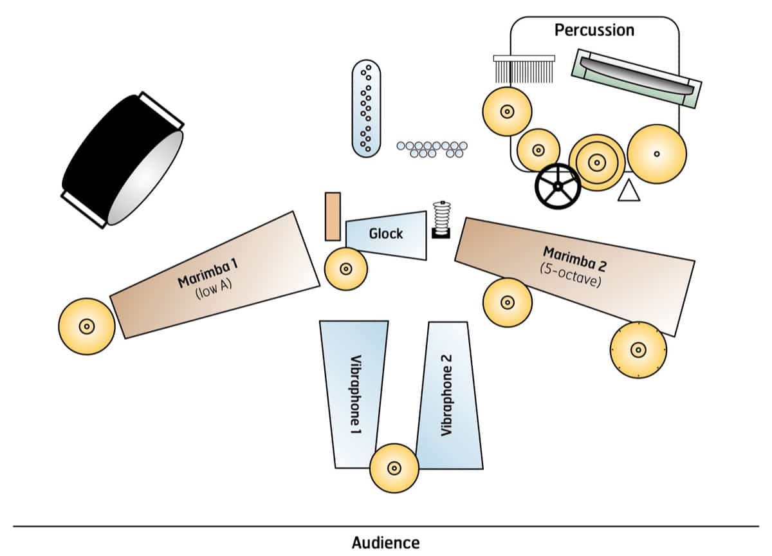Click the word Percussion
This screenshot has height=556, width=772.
pyautogui.click(x=594, y=30)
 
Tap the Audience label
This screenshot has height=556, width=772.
pyautogui.click(x=385, y=542)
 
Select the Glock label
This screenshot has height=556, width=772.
pyautogui.click(x=386, y=233)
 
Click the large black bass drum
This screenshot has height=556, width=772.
pyautogui.click(x=122, y=159)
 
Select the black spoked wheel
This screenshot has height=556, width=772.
pyautogui.click(x=558, y=186)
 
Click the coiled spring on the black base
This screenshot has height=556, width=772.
pyautogui.click(x=441, y=219)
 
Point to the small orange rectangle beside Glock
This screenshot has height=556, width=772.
pyautogui.click(x=333, y=216)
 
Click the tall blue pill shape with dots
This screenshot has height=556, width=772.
pyautogui.click(x=367, y=109)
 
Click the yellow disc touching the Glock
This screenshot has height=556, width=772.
pyautogui.click(x=345, y=269)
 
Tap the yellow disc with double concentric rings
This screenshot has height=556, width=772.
pyautogui.click(x=597, y=162)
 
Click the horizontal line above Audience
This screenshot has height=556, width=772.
pyautogui.click(x=386, y=526)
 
